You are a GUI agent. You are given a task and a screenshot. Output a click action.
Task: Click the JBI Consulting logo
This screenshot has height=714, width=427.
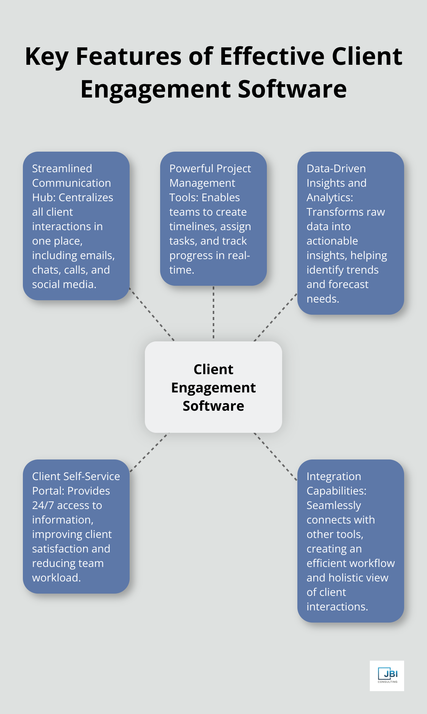click(387, 676)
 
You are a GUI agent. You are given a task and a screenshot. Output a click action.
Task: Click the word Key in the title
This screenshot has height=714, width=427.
click(47, 57)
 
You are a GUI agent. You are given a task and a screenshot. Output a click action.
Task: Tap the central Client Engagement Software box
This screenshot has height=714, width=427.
click(213, 387)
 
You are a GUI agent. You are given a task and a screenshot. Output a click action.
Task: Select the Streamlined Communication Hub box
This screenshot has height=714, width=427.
click(76, 226)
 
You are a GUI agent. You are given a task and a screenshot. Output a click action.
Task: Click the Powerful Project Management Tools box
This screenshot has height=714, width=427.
click(213, 218)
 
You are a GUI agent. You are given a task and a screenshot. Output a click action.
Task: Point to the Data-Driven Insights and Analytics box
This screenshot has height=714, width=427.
click(350, 233)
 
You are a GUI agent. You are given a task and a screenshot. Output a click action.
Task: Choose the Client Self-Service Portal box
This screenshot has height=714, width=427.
click(76, 526)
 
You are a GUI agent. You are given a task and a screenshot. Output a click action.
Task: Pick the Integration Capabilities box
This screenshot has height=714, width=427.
click(350, 541)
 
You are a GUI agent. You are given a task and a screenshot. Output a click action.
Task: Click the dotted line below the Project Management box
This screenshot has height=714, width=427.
click(213, 312)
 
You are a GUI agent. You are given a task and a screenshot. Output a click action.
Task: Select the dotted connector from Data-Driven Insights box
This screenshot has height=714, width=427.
click(275, 317)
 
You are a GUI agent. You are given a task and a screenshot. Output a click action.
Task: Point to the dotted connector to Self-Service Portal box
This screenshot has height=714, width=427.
click(149, 452)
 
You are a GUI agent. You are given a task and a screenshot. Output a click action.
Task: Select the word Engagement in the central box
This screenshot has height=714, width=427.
click(213, 387)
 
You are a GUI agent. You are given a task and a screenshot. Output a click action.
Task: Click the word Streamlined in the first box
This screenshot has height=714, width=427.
click(62, 168)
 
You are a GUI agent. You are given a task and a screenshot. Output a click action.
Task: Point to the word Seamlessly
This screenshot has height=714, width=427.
click(334, 505)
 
